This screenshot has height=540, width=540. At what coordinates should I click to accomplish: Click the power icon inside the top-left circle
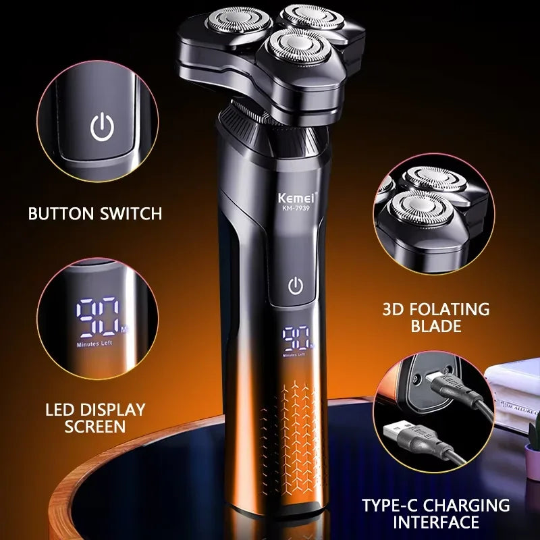point(102,127)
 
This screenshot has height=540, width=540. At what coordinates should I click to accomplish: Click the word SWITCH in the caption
point(132,214)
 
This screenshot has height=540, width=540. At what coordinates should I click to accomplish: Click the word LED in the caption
point(59,409)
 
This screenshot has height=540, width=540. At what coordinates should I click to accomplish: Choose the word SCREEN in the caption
point(94,426)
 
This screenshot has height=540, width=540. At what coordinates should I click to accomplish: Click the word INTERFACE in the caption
point(435,522)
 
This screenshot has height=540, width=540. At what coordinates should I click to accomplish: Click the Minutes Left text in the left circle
point(95,344)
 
